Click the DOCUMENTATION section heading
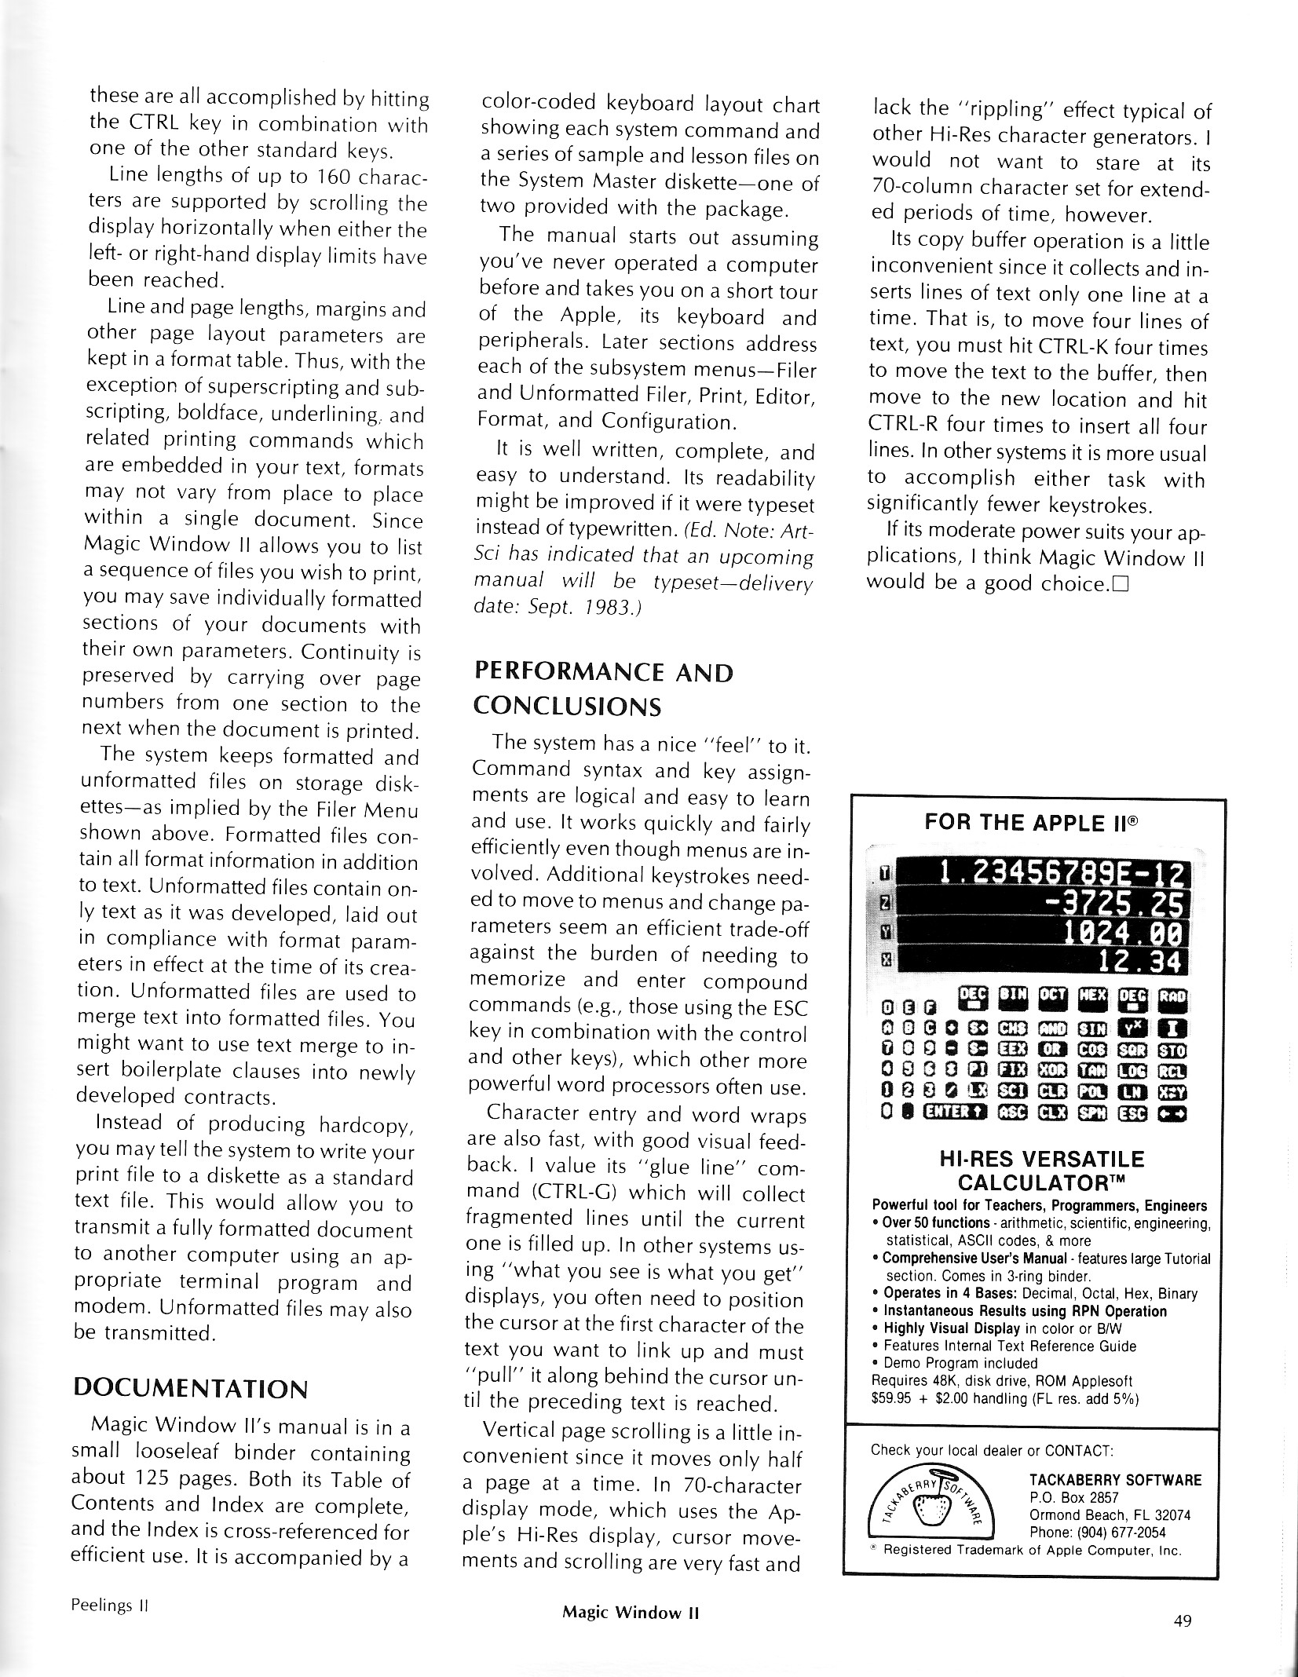(x=190, y=1389)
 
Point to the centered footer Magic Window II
(x=631, y=1613)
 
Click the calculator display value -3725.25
(x=1116, y=907)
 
